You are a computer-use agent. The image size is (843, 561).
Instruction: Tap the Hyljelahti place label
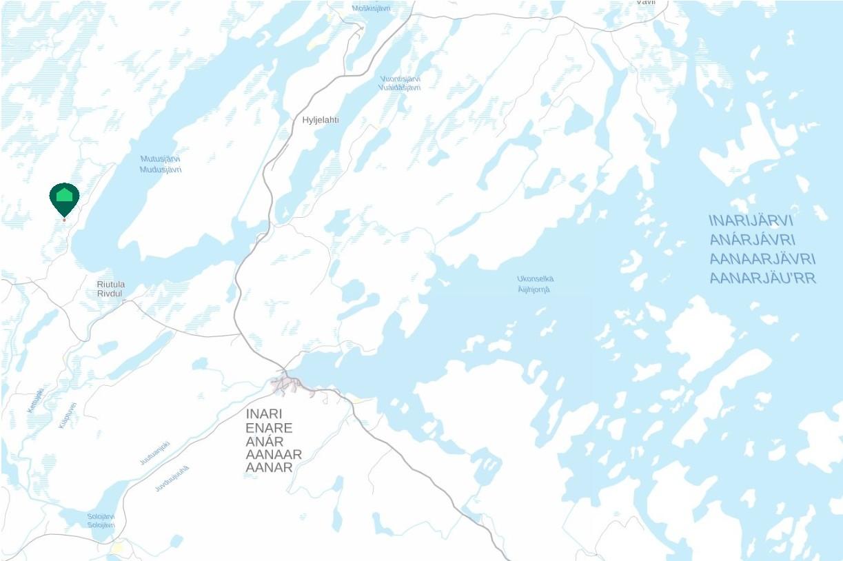click(321, 120)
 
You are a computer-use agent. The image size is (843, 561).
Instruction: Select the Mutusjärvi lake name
click(160, 159)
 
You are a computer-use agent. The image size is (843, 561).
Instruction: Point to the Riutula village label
click(111, 284)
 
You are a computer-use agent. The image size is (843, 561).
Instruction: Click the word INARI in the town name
click(264, 414)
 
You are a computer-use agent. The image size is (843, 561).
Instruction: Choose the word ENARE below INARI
click(269, 428)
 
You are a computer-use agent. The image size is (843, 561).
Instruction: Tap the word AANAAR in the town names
click(274, 455)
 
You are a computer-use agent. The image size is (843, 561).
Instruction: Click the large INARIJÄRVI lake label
click(751, 221)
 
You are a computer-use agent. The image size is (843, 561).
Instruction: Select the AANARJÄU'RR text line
click(762, 278)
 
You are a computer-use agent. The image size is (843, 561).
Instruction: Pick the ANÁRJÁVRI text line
click(753, 240)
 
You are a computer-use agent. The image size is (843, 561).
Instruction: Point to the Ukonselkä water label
click(535, 279)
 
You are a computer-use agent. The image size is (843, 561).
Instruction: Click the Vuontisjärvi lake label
click(400, 79)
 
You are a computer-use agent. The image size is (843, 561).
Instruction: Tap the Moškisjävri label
click(372, 8)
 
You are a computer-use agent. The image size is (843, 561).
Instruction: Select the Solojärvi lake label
click(101, 516)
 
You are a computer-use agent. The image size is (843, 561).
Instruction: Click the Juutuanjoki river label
click(154, 453)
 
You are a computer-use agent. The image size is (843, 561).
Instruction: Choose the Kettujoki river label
click(35, 400)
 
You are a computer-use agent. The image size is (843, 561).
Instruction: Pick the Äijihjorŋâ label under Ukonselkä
click(534, 289)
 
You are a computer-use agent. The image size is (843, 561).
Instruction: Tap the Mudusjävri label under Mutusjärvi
click(160, 170)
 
